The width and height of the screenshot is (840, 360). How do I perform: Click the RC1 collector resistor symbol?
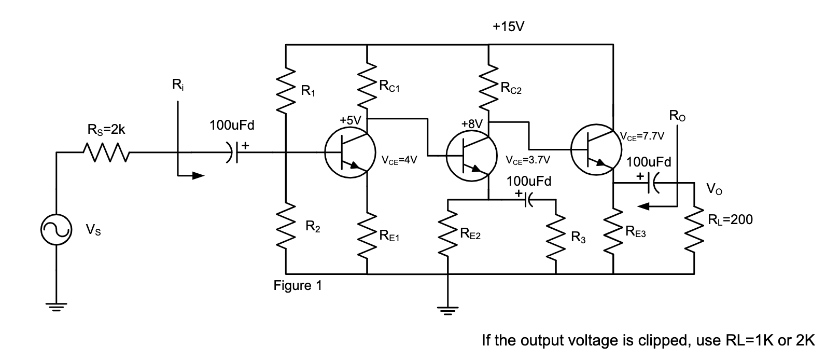tap(367, 86)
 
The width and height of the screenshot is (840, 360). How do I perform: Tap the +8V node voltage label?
tap(471, 124)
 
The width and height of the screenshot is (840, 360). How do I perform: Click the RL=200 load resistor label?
tap(730, 219)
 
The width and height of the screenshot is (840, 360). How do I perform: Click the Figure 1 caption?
tap(298, 286)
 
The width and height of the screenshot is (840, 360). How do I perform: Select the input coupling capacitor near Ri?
tap(234, 153)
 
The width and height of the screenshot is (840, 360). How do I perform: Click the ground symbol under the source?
tap(55, 306)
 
